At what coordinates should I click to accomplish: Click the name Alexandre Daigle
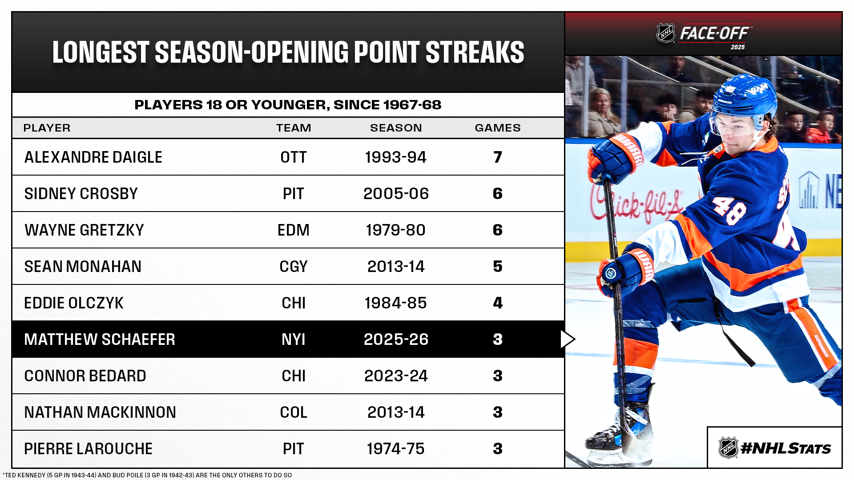tap(93, 157)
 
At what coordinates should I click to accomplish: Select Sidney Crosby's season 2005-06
tap(396, 194)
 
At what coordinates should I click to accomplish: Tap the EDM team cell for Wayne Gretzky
tap(294, 230)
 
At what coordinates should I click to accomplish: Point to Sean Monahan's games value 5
tap(497, 267)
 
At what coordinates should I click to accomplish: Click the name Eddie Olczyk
tap(74, 303)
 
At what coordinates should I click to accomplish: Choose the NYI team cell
tap(294, 340)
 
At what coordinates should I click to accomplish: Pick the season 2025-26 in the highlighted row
tap(396, 340)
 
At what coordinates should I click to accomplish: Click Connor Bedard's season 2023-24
tap(396, 376)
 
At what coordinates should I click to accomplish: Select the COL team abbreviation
tap(294, 412)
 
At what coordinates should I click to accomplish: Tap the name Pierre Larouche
tap(88, 449)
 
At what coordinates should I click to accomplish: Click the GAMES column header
tap(497, 128)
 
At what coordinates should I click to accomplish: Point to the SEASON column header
tap(396, 128)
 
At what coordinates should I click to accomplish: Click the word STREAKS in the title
tap(475, 52)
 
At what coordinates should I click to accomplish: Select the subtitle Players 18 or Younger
tap(288, 105)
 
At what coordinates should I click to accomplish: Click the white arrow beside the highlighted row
tap(568, 339)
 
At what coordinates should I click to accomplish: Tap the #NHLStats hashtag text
tap(786, 448)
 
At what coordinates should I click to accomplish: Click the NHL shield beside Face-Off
tap(666, 33)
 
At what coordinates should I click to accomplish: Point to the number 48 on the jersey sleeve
tap(729, 210)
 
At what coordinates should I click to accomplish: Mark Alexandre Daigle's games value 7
tap(497, 157)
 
